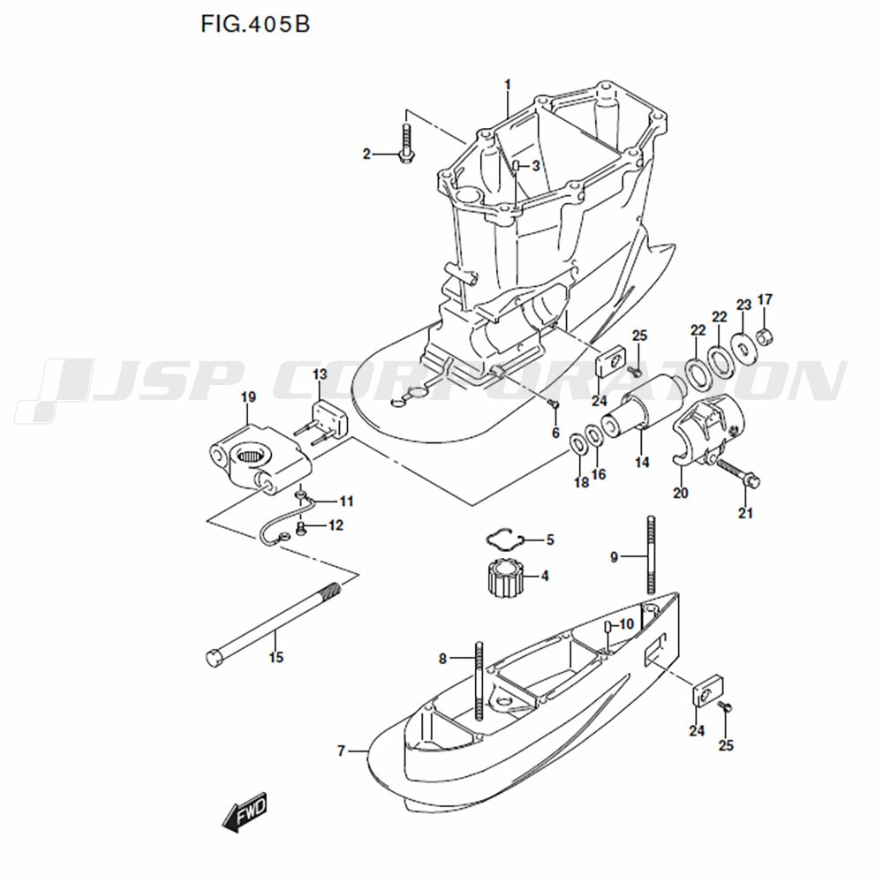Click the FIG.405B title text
pos(255,24)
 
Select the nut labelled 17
pos(766,336)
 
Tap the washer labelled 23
pos(744,347)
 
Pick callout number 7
pos(342,751)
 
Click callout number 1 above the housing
pos(508,84)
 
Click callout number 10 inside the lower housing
pos(626,624)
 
